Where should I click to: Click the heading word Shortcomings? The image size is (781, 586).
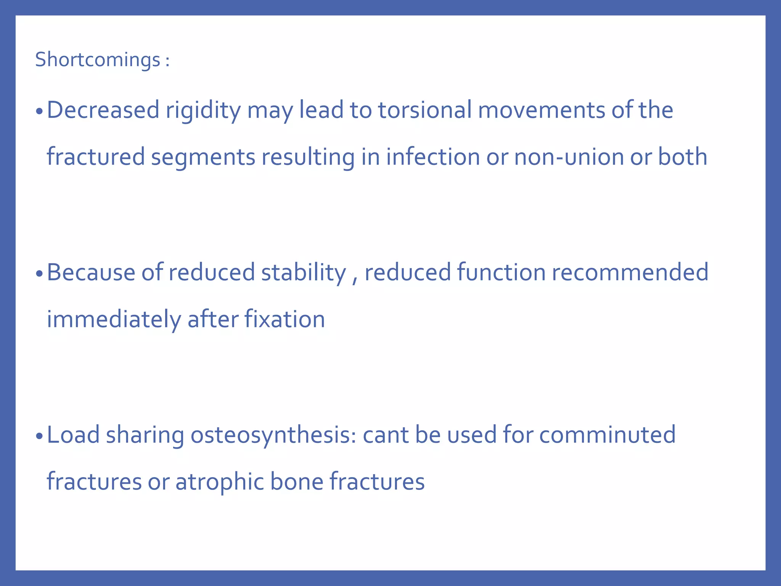coord(98,60)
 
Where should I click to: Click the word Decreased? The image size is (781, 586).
coord(103,110)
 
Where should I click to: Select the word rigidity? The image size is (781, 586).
coord(203,110)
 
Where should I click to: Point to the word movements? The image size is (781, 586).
coord(542,110)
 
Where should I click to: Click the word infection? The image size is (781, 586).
coord(433,157)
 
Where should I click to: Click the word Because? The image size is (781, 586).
coord(91,272)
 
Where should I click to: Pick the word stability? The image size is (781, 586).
coord(303,272)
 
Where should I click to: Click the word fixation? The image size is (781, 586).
coord(284,319)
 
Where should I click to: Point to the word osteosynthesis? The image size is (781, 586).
coord(273,435)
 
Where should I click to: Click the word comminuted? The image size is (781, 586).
coord(607,435)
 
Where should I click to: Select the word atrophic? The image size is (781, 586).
coord(219,481)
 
